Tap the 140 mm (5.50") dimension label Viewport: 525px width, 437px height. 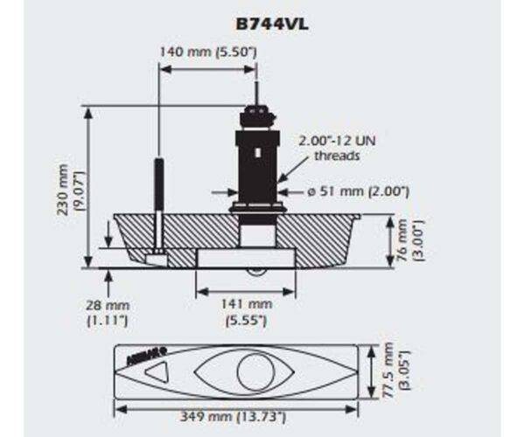(x=207, y=52)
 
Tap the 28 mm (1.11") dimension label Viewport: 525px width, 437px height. (x=108, y=313)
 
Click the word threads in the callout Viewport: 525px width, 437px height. (x=338, y=156)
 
